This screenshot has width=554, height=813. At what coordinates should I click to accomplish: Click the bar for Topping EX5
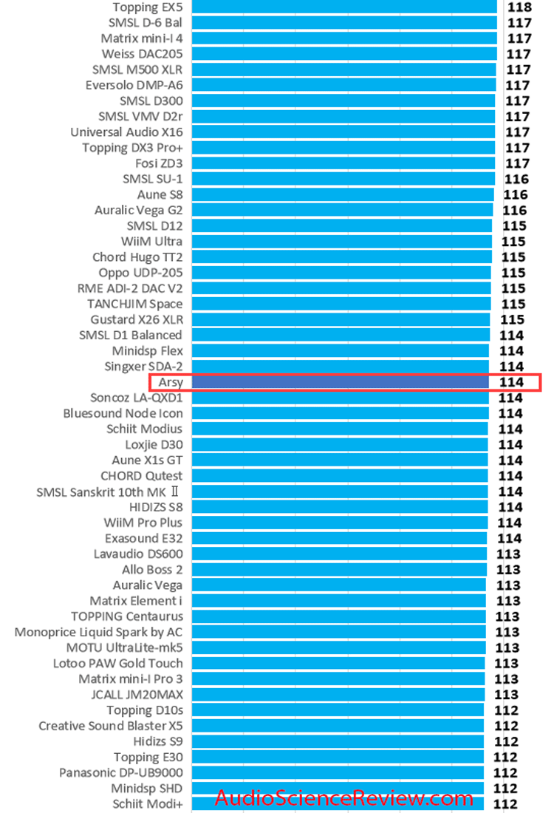coord(344,7)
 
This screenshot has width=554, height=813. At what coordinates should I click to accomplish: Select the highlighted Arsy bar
coord(340,382)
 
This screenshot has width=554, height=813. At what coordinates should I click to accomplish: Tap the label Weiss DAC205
coord(142,54)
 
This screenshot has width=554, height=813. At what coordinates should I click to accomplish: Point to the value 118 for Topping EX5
coord(519,7)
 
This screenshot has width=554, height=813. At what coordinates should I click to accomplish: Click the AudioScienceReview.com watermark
coord(344,798)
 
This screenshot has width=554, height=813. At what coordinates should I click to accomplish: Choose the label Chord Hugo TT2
coord(137,257)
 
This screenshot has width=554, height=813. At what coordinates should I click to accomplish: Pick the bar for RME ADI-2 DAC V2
coord(341,288)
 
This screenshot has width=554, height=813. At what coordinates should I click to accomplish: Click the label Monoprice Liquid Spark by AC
coord(98,632)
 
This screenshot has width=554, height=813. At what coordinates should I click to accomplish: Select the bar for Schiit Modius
coord(340,429)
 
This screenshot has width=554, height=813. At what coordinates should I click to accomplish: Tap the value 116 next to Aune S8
coord(515,195)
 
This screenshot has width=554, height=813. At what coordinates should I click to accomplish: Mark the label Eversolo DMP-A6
coord(134,85)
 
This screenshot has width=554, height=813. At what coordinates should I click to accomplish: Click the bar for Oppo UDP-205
coord(341,273)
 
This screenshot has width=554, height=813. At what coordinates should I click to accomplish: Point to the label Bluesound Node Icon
coord(123,413)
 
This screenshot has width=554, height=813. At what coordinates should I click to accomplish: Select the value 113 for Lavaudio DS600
coord(507,554)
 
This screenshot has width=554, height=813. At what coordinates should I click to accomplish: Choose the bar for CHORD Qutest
coord(340,476)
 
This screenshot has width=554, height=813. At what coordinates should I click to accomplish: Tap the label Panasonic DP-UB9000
coord(120,772)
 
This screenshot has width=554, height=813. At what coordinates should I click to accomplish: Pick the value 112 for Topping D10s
coord(507,710)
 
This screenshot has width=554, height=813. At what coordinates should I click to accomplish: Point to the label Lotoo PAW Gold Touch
coord(117,663)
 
